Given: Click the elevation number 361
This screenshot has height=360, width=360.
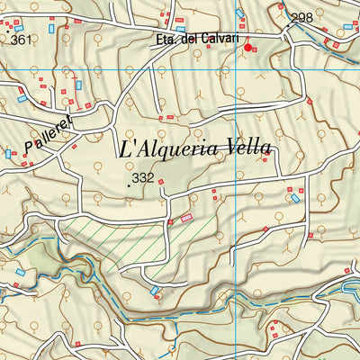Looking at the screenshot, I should coord(20,39).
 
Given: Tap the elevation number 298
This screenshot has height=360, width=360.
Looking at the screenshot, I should coord(302,17).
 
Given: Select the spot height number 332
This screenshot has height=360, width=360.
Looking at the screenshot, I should coord(142,179).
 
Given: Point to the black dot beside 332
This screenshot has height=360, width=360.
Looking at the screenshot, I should coord(128,184).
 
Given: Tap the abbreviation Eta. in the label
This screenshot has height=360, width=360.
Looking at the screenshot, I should coord(167,39).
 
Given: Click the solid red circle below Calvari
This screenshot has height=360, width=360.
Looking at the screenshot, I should coord(248,47).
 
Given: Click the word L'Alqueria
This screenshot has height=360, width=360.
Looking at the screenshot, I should coord(161,149).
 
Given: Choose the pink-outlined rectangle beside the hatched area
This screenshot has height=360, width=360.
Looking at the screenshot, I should coord(186,217).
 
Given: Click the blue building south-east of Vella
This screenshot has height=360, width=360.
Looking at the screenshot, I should coord(294,198).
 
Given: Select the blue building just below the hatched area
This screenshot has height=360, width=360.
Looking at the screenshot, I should coord(155,291).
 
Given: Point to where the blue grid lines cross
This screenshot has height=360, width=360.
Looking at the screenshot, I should coord(236,215).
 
